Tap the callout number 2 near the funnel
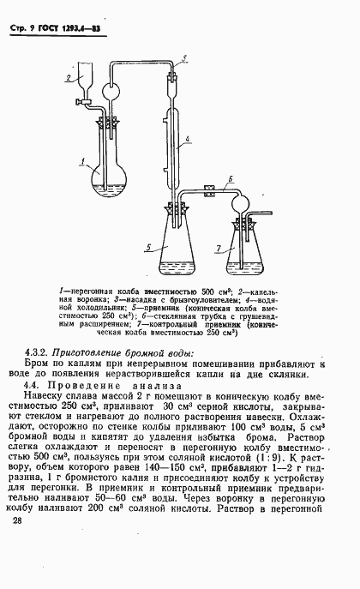click(x=67, y=76)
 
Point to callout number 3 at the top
click(x=185, y=57)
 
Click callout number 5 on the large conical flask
click(x=149, y=246)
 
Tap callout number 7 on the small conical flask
click(x=219, y=248)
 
